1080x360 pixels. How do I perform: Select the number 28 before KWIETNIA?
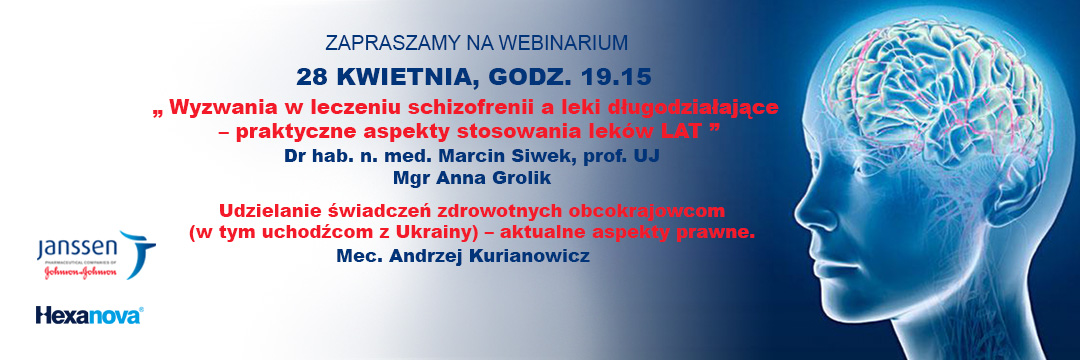[310, 77]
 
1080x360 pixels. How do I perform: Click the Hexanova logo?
[89, 315]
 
